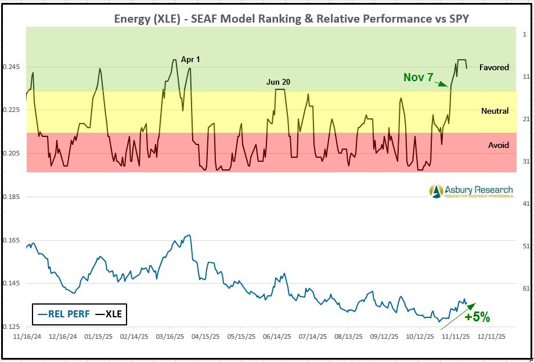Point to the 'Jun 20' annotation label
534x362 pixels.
click(x=278, y=82)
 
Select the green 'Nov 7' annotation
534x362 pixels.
click(x=418, y=77)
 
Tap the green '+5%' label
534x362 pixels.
click(x=477, y=317)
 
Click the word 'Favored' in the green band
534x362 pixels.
click(x=494, y=67)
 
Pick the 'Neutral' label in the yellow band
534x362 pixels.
click(x=495, y=111)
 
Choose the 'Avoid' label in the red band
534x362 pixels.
click(x=498, y=145)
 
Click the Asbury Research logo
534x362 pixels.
click(x=471, y=191)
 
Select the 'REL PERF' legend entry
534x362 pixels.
click(x=63, y=314)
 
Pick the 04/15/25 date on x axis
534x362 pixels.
click(x=206, y=336)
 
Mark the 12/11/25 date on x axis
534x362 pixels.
click(x=492, y=336)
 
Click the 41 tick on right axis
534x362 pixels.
click(x=524, y=204)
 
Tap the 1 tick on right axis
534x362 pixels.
click(x=524, y=34)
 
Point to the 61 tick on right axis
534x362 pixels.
click(x=524, y=288)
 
